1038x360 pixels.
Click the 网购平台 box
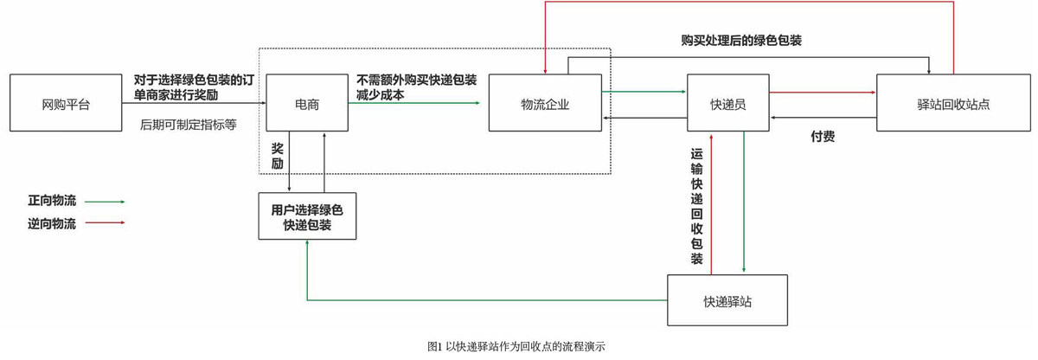coord(66,103)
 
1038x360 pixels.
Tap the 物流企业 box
coord(545,103)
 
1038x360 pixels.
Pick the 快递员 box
coord(728,103)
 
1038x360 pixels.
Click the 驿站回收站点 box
coord(953,103)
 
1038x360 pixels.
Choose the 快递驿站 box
coord(727,300)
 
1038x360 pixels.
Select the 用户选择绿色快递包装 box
coord(307,216)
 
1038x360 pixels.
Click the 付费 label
coord(823,136)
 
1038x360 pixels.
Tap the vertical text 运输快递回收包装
coord(696,206)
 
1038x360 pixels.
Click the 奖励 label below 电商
coord(278,155)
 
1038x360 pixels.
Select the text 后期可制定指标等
coord(189,125)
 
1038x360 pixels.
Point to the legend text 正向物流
coord(52,201)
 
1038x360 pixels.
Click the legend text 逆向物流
coord(52,223)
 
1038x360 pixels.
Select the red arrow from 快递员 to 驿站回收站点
coord(822,91)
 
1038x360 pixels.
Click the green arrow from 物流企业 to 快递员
coord(644,91)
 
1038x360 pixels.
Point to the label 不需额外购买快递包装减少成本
coord(416,87)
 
